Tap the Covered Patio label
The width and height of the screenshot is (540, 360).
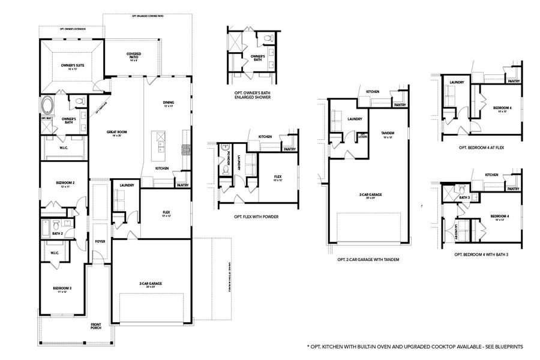134,56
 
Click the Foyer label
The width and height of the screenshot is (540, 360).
100,242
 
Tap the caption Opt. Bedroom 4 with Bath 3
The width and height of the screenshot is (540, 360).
482,254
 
